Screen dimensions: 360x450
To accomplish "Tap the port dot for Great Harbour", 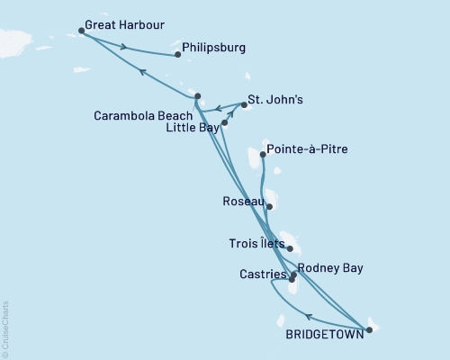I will [x=82, y=31].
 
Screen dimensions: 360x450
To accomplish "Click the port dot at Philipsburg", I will [x=177, y=55].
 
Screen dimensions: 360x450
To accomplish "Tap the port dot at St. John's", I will [x=244, y=104].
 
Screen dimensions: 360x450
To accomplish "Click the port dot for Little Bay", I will [x=224, y=121].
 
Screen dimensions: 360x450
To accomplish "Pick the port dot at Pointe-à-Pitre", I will [x=263, y=155].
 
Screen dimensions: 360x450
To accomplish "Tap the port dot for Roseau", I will [x=269, y=206].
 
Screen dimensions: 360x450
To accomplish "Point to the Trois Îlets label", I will [x=258, y=244].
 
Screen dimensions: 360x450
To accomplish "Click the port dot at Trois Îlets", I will [x=290, y=248].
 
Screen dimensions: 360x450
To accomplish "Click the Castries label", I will [x=263, y=274].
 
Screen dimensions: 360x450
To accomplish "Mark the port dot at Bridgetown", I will [x=369, y=329].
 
